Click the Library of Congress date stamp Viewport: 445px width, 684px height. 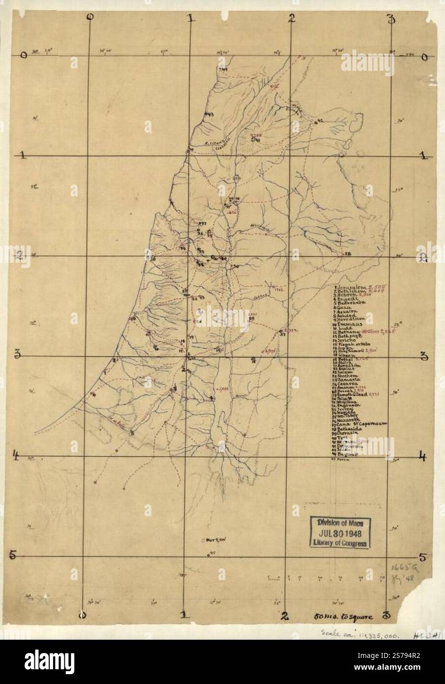coord(339,532)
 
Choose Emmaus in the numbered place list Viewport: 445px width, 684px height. coord(349,325)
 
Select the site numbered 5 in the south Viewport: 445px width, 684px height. coord(131,433)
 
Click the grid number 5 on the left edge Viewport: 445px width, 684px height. coord(15,556)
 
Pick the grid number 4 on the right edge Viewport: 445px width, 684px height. coord(422,456)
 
